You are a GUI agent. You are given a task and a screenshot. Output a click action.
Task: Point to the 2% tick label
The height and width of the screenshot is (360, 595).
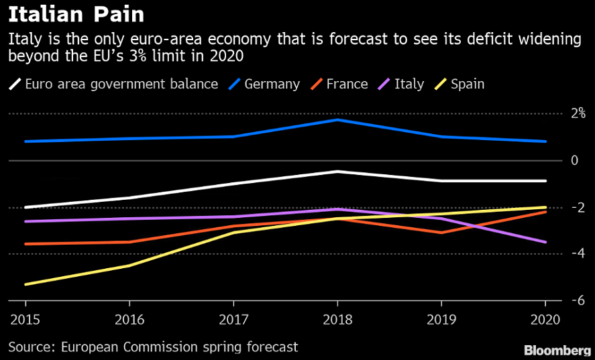click(x=578, y=113)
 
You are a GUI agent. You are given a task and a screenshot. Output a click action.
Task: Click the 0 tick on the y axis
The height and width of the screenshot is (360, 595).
click(x=574, y=160)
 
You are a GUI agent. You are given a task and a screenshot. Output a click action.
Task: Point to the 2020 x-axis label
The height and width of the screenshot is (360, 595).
click(x=545, y=320)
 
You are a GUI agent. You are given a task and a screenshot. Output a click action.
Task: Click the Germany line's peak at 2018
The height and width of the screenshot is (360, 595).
click(x=337, y=120)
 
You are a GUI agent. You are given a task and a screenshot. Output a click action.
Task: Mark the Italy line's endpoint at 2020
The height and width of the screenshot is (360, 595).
click(x=545, y=242)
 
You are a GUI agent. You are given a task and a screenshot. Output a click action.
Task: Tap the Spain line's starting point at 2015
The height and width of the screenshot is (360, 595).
click(x=25, y=284)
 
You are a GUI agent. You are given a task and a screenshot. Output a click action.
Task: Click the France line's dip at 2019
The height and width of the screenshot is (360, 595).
click(x=441, y=233)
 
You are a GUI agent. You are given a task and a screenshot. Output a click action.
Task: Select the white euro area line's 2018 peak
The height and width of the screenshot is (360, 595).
click(x=337, y=172)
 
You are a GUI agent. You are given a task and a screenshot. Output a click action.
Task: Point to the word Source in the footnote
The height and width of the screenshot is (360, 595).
click(x=32, y=347)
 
